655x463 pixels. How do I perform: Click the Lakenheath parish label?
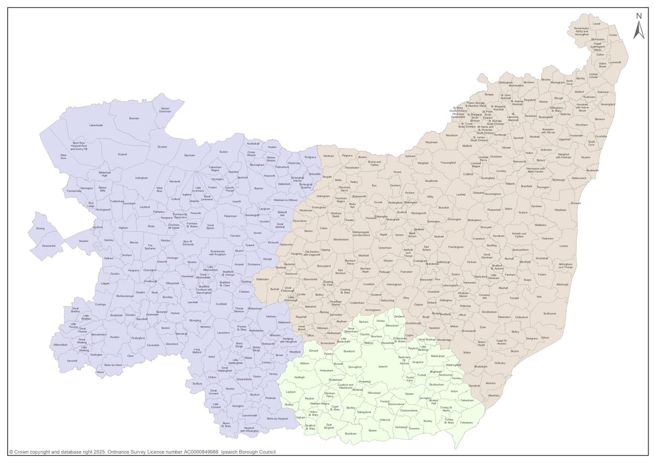point(96,125)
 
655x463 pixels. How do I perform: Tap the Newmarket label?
point(49,246)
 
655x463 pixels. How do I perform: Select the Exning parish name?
point(40,229)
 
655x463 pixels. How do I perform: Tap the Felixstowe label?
point(466,423)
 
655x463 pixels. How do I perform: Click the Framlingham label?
point(456,247)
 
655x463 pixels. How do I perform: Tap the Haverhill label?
point(72,360)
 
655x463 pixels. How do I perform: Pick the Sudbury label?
point(198,383)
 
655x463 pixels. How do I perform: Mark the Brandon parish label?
point(134,118)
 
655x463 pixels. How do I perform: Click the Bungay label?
point(489,94)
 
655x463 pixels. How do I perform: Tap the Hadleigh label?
point(300,377)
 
